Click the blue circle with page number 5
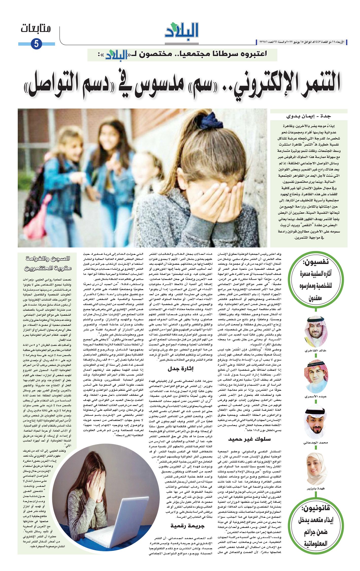(x=36, y=44)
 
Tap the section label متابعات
(x=36, y=29)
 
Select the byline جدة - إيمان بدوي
(x=309, y=116)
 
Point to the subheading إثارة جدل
(x=181, y=369)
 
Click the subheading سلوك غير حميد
(x=249, y=439)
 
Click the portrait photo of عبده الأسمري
(x=316, y=376)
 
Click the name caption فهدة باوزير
(x=316, y=489)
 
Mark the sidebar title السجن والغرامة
(x=48, y=259)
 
